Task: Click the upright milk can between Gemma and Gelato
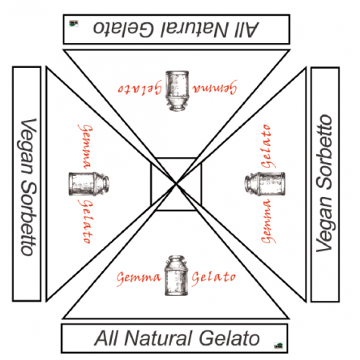coord(176,276)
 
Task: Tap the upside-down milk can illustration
coord(177,91)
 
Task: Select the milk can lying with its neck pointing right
coord(89,183)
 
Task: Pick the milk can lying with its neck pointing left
coord(265,184)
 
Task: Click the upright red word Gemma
coord(139,279)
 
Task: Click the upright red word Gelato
coord(213,278)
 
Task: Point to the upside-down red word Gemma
coord(215,87)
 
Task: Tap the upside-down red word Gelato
coord(140,88)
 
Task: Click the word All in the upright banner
coord(106,338)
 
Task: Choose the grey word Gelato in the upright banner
coord(229,338)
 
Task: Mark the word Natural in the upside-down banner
coord(195,28)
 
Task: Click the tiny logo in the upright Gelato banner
coord(279,345)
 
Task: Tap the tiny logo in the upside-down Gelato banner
coord(74,24)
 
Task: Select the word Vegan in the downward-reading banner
coord(28,146)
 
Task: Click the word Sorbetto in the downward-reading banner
coord(28,218)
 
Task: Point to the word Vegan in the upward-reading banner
coord(324,224)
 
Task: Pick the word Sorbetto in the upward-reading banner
coord(324,152)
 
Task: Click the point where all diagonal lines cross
coord(176,184)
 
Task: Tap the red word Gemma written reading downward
coord(84,147)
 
